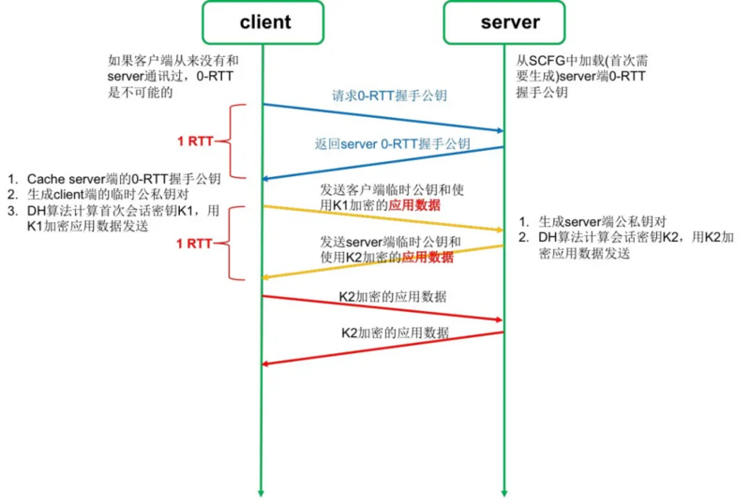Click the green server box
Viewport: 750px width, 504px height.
coord(504,22)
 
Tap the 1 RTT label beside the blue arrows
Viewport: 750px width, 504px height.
coord(195,141)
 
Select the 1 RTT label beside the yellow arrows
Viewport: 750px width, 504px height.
coord(195,243)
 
